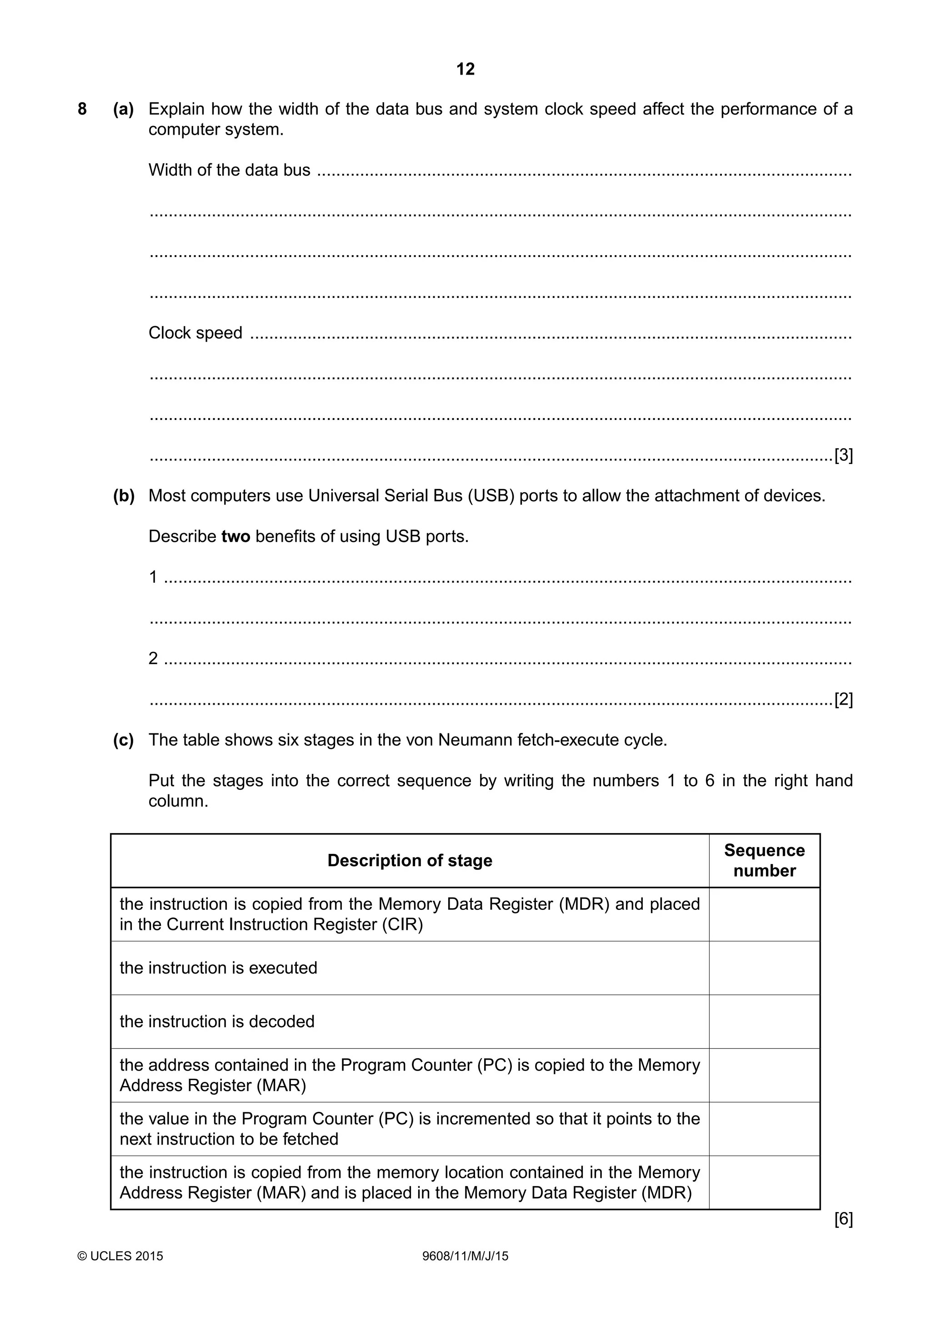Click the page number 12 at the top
tap(465, 70)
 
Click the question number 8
tap(82, 109)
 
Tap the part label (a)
tap(123, 109)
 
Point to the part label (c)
tap(123, 740)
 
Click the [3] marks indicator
tap(843, 456)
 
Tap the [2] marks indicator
tap(843, 700)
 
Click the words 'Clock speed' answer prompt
tap(195, 333)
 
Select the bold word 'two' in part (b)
tap(236, 537)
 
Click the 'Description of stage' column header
tap(410, 860)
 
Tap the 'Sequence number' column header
tap(764, 860)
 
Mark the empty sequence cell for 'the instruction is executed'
tap(764, 968)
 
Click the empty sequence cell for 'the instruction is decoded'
tap(764, 1022)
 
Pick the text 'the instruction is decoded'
tap(217, 1022)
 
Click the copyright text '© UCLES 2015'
tap(120, 1256)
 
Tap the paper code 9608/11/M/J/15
tap(465, 1256)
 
